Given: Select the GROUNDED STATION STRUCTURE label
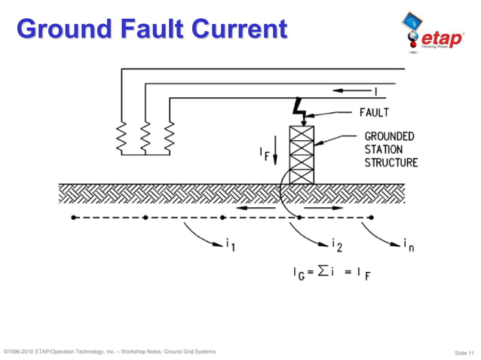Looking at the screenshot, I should [x=391, y=149].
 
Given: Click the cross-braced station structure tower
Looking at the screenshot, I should [x=302, y=154].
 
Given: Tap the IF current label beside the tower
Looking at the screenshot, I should [x=264, y=154].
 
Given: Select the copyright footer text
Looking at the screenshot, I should [x=110, y=352].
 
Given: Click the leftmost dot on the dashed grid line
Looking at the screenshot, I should [x=72, y=218].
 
